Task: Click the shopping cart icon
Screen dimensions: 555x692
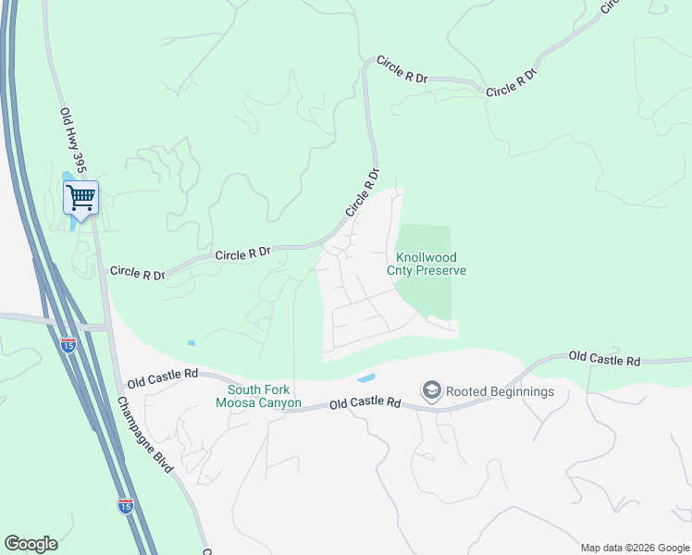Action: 80,196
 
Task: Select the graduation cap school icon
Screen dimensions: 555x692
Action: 431,390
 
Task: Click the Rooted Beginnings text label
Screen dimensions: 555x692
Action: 500,391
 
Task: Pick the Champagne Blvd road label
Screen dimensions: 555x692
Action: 145,435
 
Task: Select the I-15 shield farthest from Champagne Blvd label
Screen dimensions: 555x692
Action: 68,345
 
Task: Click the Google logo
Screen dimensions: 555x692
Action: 31,544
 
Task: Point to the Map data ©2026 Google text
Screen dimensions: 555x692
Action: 636,548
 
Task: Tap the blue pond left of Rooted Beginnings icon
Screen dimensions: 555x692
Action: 366,378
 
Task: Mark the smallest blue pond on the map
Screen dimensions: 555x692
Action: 192,343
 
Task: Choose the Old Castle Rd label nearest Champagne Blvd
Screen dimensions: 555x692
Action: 163,376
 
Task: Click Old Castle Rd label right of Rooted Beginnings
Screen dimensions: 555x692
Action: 604,357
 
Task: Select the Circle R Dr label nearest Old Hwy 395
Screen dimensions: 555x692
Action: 137,273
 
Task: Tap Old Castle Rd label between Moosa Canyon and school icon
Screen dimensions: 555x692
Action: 366,403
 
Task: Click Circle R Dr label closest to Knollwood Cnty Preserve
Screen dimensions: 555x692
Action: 363,191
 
